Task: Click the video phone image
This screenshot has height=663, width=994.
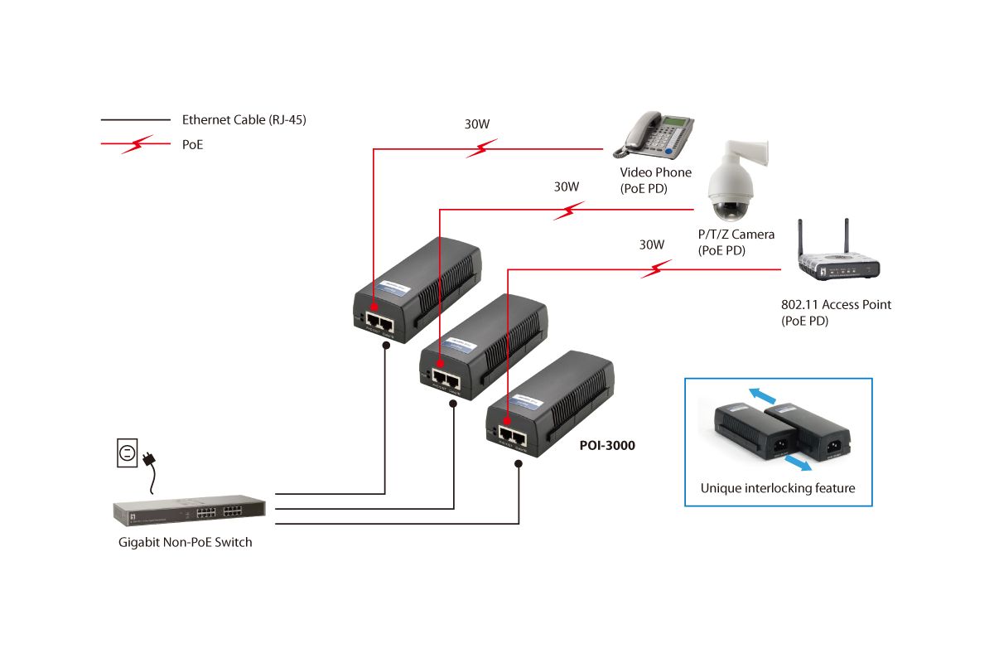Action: [654, 135]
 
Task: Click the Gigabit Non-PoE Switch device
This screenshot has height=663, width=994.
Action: [190, 511]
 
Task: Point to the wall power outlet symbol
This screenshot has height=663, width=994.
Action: [127, 453]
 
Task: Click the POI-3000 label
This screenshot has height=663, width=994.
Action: [607, 445]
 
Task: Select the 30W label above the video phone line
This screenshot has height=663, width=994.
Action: [477, 123]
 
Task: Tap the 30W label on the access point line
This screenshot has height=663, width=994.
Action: [651, 244]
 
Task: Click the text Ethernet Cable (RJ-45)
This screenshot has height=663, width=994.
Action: [244, 120]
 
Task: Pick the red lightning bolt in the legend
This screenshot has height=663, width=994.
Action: [138, 144]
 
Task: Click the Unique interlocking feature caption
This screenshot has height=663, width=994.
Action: [778, 488]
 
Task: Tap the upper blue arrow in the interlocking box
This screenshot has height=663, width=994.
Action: [762, 395]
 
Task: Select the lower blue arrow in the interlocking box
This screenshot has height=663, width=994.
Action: [798, 463]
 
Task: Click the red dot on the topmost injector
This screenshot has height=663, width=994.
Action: [374, 307]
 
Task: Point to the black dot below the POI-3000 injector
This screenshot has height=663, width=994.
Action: [519, 463]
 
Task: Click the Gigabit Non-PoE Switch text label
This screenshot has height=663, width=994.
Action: [185, 542]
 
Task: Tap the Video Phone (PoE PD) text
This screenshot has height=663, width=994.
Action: [655, 181]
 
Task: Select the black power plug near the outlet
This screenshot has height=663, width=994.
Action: [150, 459]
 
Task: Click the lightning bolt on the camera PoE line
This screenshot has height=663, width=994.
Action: [568, 211]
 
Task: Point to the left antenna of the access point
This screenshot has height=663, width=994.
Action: [800, 239]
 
